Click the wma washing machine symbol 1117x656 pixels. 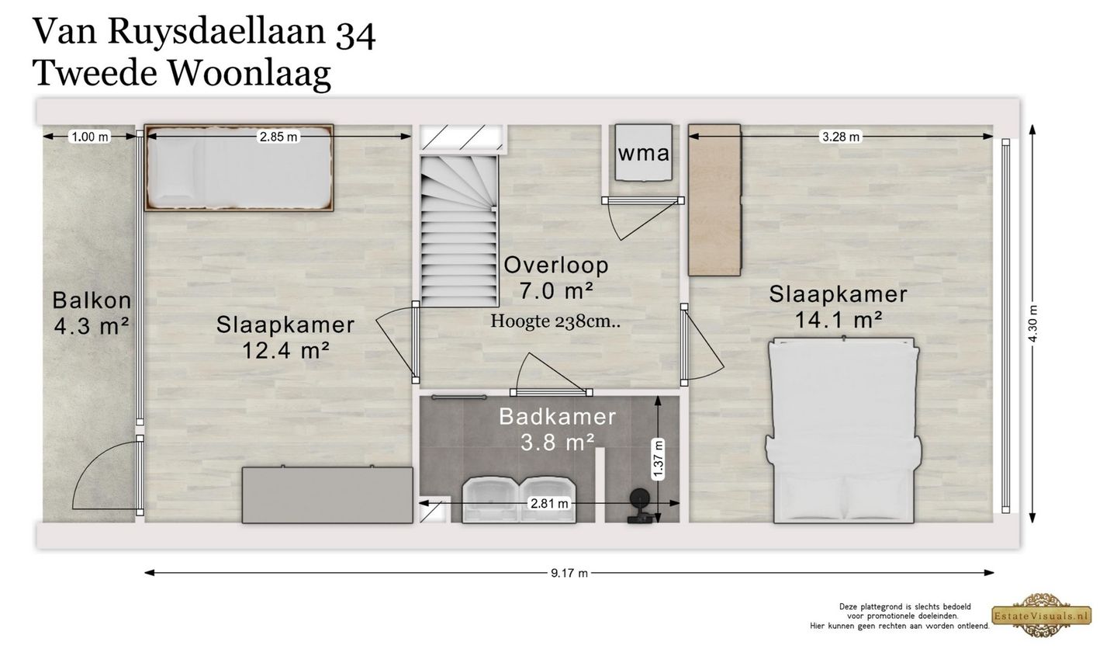coord(643,152)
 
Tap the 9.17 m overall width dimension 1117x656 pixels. coord(569,573)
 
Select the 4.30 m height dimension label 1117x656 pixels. coord(1032,324)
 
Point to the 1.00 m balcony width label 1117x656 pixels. coord(90,137)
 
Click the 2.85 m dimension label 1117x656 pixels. coord(278,137)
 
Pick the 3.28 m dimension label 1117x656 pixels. coord(841,137)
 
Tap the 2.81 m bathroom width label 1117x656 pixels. coord(549,503)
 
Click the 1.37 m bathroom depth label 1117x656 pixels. coord(659,459)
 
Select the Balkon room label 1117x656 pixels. coord(92,300)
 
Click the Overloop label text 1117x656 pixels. coord(556,265)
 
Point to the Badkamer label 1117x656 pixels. coord(558,417)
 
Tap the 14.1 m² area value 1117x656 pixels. coord(839,320)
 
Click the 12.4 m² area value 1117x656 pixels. coord(285,350)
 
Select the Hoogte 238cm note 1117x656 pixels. coord(555,321)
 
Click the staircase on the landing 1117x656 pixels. coord(459,231)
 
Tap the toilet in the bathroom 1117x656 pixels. coord(639,505)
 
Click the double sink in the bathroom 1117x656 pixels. coord(519,500)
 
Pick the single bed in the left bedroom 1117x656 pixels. coord(240,168)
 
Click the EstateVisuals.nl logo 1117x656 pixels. coord(1041,616)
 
